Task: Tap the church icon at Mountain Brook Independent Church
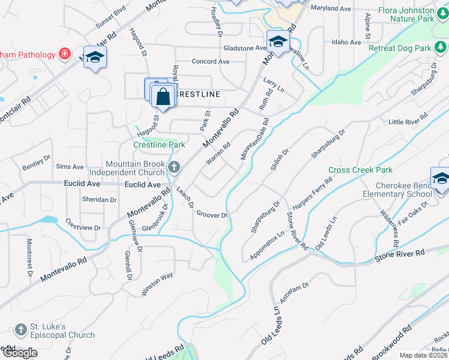(x=174, y=167)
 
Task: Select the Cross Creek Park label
(x=360, y=170)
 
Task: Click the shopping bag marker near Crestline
(x=163, y=96)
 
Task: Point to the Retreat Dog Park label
(x=400, y=47)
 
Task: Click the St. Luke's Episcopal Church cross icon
(x=21, y=329)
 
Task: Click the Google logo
(x=19, y=353)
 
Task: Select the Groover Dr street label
(x=212, y=215)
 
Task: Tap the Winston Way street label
(x=157, y=284)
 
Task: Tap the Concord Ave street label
(x=211, y=61)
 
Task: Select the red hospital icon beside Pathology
(x=64, y=55)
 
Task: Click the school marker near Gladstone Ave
(x=278, y=42)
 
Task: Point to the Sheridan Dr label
(x=100, y=199)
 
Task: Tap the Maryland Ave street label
(x=331, y=9)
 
